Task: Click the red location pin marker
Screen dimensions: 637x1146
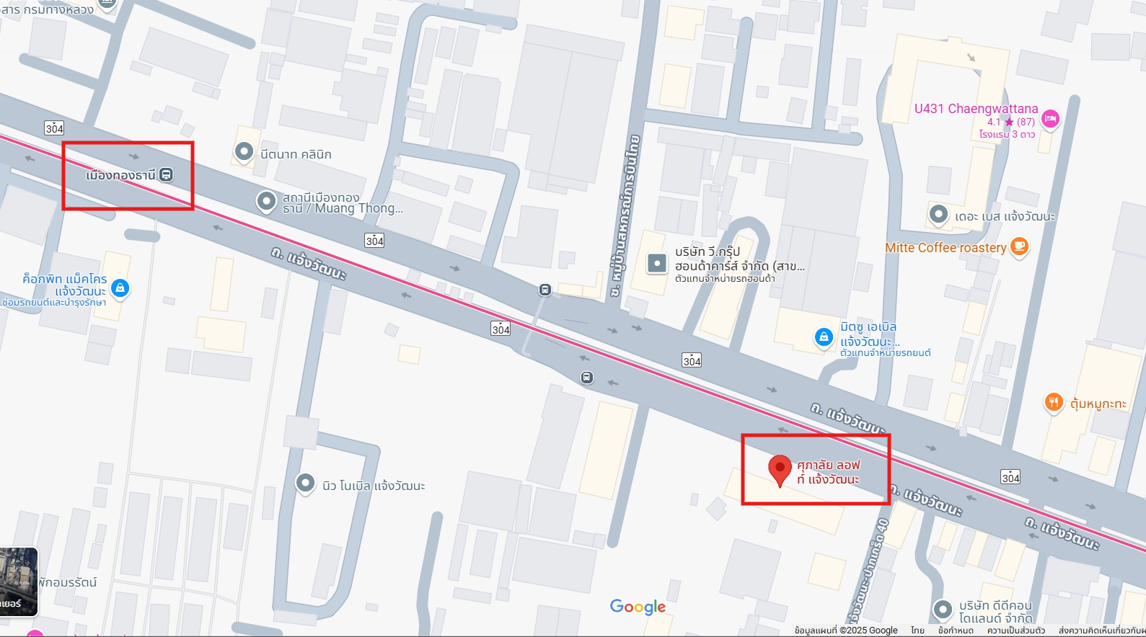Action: [x=780, y=469]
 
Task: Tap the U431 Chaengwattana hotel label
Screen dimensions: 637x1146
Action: [x=976, y=109]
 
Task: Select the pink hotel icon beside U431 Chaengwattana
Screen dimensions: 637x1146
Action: [x=1051, y=118]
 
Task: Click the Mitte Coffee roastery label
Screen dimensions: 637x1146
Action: [x=945, y=248]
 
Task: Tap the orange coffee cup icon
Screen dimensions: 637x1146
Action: [x=1019, y=247]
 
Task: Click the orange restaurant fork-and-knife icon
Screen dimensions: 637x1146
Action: [x=1054, y=403]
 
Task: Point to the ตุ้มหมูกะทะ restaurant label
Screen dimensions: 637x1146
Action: [x=1098, y=404]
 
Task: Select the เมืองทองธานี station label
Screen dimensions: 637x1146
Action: [x=120, y=175]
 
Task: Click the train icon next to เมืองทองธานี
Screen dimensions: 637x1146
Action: [x=167, y=174]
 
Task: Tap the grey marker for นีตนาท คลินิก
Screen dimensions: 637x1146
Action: [x=244, y=152]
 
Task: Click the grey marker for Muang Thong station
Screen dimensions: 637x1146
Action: [x=266, y=201]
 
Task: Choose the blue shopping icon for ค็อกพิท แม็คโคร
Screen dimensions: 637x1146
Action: [x=120, y=288]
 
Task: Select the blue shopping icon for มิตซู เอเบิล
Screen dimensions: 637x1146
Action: [x=824, y=337]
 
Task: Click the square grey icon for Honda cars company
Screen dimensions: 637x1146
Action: [x=656, y=263]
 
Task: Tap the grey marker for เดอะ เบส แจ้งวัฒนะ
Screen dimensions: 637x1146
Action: [x=938, y=214]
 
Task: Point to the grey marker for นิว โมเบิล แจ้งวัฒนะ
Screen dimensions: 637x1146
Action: [x=306, y=483]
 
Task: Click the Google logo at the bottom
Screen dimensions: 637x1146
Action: [x=638, y=607]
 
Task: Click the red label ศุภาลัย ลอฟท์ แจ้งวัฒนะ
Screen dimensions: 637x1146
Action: [x=828, y=472]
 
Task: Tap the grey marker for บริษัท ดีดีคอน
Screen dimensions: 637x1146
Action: [x=943, y=610]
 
